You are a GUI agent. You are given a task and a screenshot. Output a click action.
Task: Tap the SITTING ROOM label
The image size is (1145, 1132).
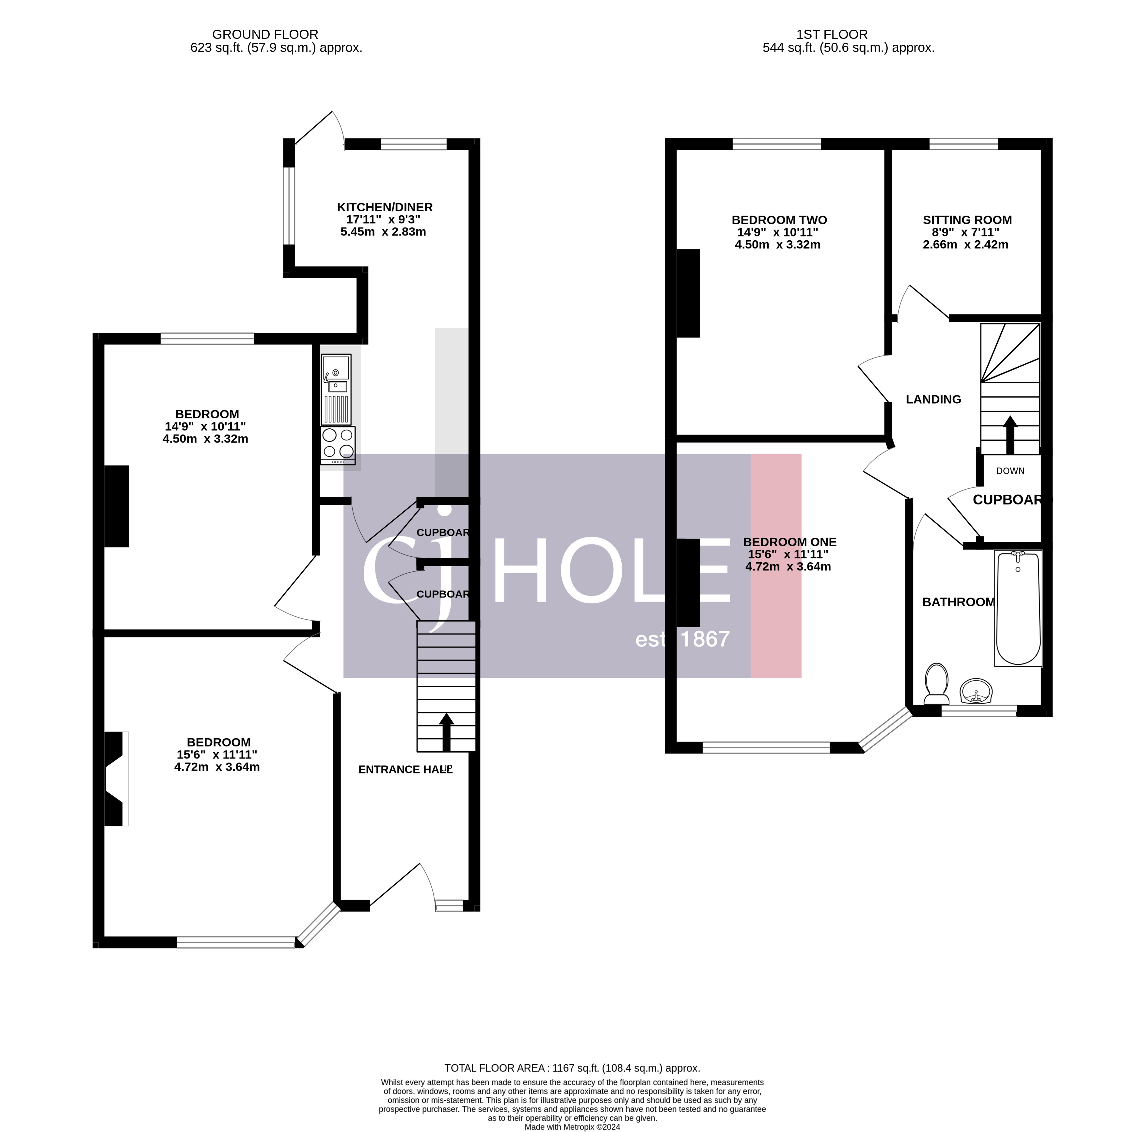click(x=967, y=220)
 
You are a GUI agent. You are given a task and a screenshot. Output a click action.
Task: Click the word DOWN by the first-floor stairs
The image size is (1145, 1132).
click(x=1010, y=471)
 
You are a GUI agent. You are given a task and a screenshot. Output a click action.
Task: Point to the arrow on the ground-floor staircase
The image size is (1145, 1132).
click(x=446, y=733)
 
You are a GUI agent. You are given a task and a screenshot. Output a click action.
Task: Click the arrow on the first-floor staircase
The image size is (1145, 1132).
click(x=1010, y=435)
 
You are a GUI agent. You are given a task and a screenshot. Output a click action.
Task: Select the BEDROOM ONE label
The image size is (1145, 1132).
click(x=789, y=542)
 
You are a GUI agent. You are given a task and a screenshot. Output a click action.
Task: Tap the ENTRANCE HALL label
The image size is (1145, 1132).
click(x=406, y=769)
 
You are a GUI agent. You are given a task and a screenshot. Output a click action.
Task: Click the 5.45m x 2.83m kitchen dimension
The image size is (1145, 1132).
click(x=383, y=232)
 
